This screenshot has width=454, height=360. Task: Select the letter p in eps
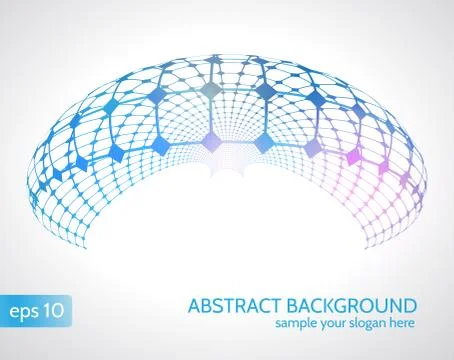coord(26,312)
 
